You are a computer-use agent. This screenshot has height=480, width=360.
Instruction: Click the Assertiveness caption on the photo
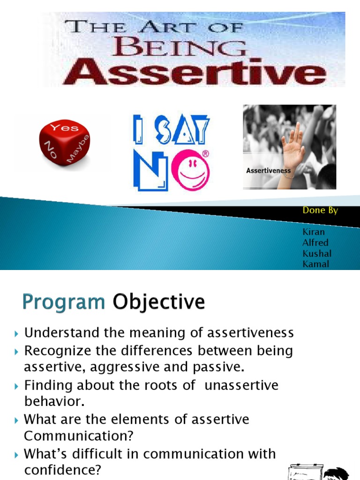tap(268, 171)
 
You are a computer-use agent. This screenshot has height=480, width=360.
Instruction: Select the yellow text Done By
tap(320, 210)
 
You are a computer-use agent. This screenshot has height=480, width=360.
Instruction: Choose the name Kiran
tap(314, 232)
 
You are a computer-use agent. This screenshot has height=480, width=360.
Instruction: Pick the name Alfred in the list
tap(315, 243)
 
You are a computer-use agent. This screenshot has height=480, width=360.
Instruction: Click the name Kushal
tap(317, 254)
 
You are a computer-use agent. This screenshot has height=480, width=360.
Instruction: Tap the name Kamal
tap(316, 264)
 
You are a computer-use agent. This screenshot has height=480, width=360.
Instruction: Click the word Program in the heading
tap(64, 302)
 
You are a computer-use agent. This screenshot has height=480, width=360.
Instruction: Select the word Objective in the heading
tap(158, 302)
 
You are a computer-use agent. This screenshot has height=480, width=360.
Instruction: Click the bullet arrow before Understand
tap(16, 334)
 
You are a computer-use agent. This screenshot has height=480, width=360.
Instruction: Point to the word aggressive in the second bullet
tap(120, 368)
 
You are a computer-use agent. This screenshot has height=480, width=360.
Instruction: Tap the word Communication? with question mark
tap(79, 436)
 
